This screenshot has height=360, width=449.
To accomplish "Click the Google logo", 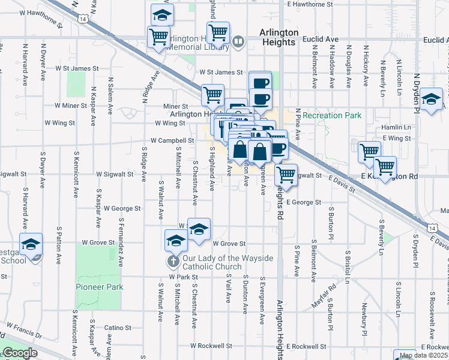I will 20,353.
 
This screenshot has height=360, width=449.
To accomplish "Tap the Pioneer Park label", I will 100,287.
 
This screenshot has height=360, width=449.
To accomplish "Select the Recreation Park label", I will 332,115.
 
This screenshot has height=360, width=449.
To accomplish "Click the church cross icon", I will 173,261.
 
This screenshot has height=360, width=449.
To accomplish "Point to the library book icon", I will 238,42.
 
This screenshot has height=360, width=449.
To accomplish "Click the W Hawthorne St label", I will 41,12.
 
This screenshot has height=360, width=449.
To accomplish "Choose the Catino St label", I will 118,328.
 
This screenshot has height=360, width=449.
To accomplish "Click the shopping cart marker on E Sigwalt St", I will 286,175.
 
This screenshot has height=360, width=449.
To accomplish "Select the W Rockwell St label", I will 211,346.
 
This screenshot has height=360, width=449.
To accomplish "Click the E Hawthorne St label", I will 310,4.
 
